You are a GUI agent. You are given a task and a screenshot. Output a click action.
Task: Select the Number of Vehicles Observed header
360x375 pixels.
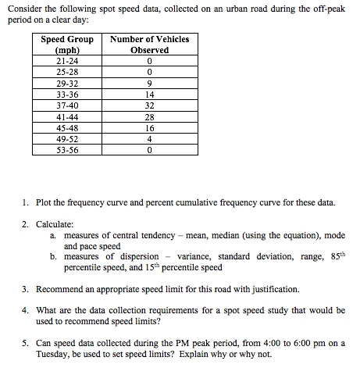[x=149, y=45]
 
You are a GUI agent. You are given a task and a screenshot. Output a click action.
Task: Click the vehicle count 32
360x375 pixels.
[x=149, y=105]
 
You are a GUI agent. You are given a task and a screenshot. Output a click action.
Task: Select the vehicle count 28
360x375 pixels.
[x=149, y=117]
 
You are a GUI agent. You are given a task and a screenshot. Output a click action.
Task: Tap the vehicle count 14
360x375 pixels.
[x=149, y=95]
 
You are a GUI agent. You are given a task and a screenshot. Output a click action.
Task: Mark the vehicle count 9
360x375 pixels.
[x=149, y=83]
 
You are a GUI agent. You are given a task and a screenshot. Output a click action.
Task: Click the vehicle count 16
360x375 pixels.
[x=149, y=128]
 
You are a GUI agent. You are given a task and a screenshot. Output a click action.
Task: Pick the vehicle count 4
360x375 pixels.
[x=149, y=140]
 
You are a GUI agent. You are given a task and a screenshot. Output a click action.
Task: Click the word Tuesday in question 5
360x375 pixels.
[x=52, y=354]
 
